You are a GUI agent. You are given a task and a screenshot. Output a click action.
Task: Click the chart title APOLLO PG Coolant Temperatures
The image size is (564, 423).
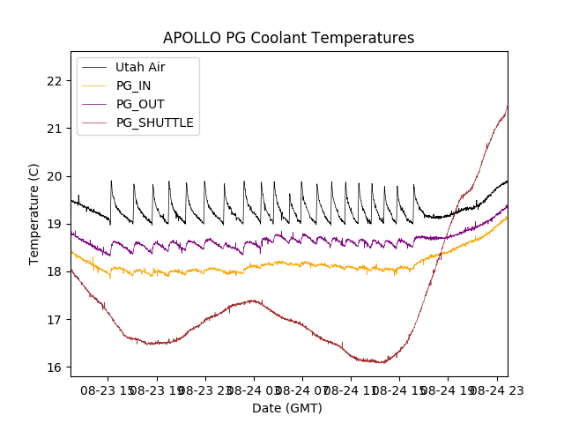pos(288,38)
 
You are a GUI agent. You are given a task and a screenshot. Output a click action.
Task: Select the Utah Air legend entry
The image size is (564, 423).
pos(140,67)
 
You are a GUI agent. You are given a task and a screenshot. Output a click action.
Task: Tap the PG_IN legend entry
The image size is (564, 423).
pos(134,85)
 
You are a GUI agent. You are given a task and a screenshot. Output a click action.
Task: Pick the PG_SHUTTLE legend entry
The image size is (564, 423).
pos(155,122)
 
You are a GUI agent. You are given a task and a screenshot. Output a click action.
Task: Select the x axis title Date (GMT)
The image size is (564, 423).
pos(287,408)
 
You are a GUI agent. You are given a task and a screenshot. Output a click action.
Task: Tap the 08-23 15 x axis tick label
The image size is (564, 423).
pos(108,390)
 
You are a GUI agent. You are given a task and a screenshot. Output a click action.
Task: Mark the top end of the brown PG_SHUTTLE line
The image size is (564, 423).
pos(507,106)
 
